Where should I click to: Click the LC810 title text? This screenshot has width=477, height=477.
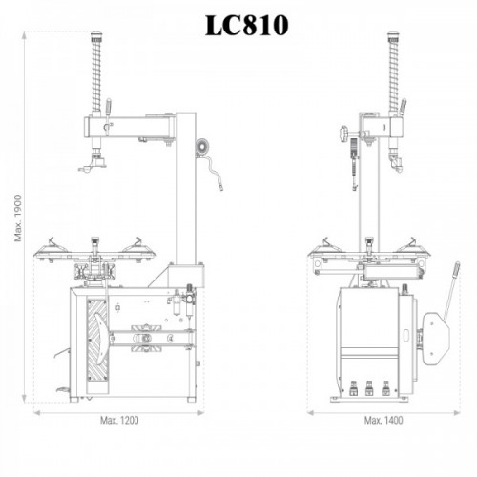(x=247, y=26)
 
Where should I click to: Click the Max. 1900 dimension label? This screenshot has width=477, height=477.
(x=18, y=218)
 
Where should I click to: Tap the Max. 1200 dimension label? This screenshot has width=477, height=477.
(x=119, y=421)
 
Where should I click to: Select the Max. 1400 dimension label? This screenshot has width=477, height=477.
(x=384, y=421)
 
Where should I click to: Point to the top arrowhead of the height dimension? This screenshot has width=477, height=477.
(x=24, y=35)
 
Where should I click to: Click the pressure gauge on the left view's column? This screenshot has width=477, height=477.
(x=202, y=147)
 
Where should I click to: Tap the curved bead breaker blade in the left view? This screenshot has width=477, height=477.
(x=100, y=338)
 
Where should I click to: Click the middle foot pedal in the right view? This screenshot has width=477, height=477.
(x=369, y=388)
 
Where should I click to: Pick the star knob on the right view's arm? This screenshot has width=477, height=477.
(x=344, y=134)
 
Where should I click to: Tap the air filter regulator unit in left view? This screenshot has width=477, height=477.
(x=182, y=301)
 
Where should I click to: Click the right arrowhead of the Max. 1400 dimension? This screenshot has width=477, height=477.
(x=457, y=413)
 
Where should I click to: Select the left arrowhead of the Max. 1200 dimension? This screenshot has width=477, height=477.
(x=37, y=413)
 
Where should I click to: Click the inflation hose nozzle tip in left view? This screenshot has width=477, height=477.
(x=220, y=188)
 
